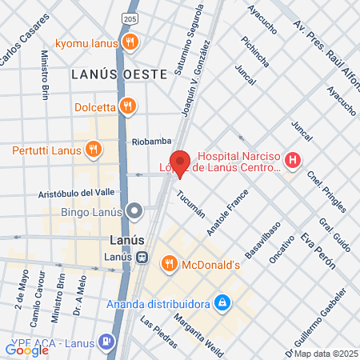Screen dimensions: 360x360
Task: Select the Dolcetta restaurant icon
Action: pyautogui.click(x=129, y=106)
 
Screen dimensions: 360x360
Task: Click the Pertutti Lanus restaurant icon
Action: pyautogui.click(x=94, y=149)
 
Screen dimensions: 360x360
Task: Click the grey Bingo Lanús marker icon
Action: pyautogui.click(x=134, y=212)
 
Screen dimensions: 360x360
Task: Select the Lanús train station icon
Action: pyautogui.click(x=142, y=258)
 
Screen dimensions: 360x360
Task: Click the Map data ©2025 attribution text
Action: pyautogui.click(x=324, y=354)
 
